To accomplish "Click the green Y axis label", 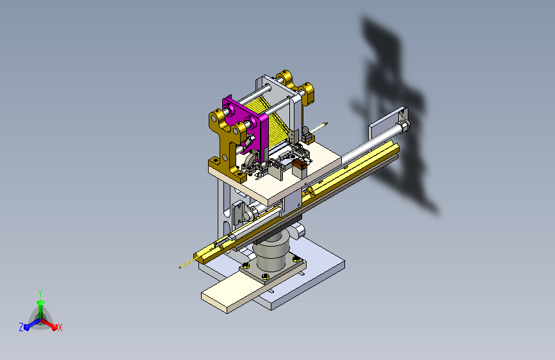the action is [40, 293].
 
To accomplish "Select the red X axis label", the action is [60, 327].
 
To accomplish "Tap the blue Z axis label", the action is [21, 327].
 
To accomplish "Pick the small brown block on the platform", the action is [299, 164].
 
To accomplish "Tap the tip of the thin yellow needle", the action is [180, 267].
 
